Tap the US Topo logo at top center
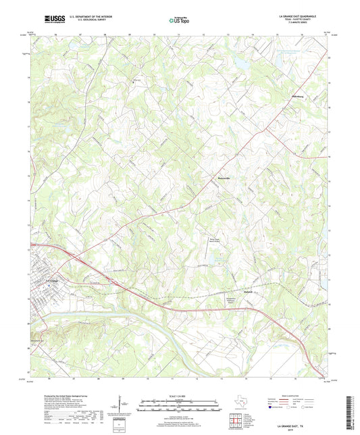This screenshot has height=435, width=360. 178,20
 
